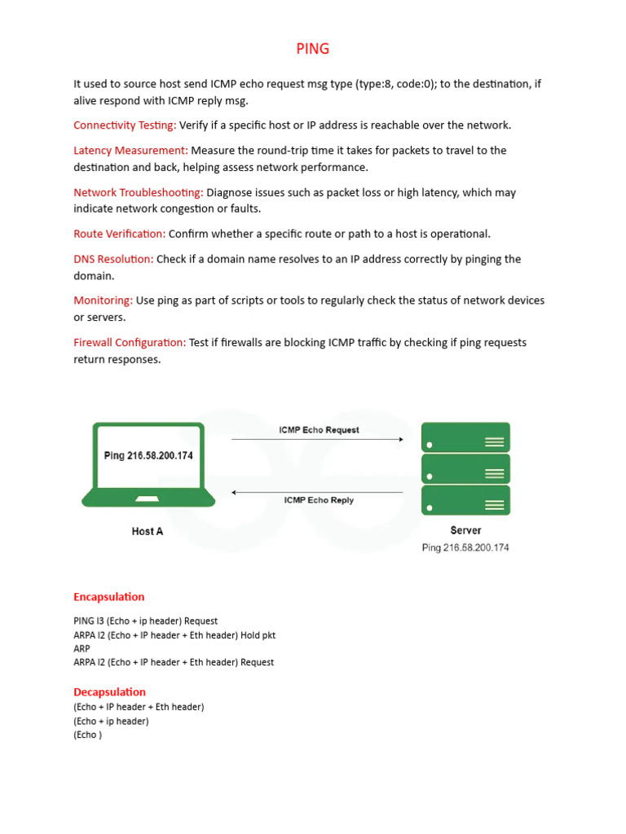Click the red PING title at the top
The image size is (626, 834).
pyautogui.click(x=313, y=49)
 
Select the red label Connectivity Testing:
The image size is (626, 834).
pyautogui.click(x=125, y=125)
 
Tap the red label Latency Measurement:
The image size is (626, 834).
pyautogui.click(x=130, y=151)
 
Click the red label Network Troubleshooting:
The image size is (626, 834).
pyautogui.click(x=139, y=193)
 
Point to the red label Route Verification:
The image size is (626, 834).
pyautogui.click(x=119, y=235)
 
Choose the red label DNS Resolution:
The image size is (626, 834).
pyautogui.click(x=113, y=260)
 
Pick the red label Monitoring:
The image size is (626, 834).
pyautogui.click(x=103, y=301)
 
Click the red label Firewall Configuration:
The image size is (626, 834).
pyautogui.click(x=130, y=343)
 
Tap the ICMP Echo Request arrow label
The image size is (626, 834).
pyautogui.click(x=319, y=430)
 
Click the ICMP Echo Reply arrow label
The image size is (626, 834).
pyautogui.click(x=319, y=500)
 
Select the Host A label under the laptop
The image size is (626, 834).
pyautogui.click(x=148, y=532)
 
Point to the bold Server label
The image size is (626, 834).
pyautogui.click(x=465, y=530)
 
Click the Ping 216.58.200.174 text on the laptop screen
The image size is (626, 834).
pyautogui.click(x=148, y=456)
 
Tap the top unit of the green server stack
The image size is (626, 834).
pyautogui.click(x=465, y=437)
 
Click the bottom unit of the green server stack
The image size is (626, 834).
pyautogui.click(x=465, y=500)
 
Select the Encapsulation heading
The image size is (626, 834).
pyautogui.click(x=109, y=597)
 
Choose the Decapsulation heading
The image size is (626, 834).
pyautogui.click(x=109, y=692)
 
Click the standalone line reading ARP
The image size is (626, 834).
pyautogui.click(x=82, y=649)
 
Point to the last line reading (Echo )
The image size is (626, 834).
pyautogui.click(x=88, y=735)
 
